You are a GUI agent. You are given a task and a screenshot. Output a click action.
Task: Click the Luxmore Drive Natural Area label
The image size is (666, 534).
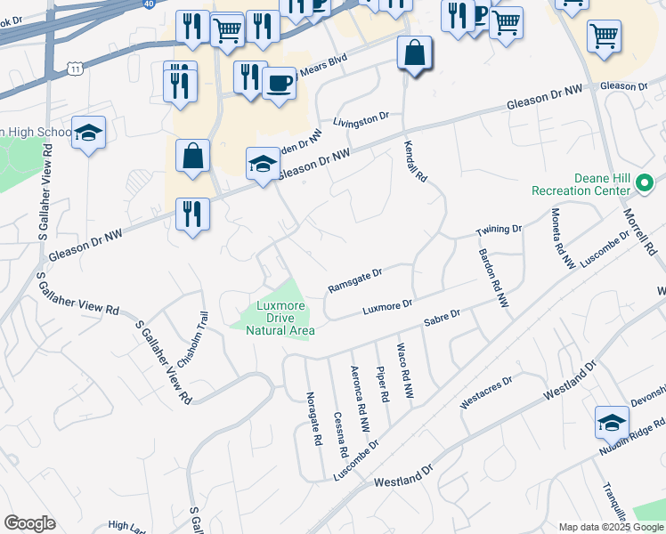[x=280, y=318]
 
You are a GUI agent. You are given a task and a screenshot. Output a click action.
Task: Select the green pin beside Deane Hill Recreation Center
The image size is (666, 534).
[x=646, y=185]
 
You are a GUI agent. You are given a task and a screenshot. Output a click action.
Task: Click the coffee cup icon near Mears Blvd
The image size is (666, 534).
[x=280, y=84]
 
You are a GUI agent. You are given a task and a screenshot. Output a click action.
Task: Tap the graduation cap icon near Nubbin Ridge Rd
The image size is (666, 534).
[x=612, y=422]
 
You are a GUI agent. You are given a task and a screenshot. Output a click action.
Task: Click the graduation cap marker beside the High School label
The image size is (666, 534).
[x=88, y=133]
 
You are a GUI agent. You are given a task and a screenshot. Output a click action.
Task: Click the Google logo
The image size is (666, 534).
[x=29, y=523]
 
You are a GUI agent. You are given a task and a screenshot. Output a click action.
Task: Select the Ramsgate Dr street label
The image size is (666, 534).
[x=354, y=279]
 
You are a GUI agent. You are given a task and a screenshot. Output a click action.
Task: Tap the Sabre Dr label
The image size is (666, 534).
[x=442, y=318]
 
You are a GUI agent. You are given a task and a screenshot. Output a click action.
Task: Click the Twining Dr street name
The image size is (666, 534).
[x=498, y=231]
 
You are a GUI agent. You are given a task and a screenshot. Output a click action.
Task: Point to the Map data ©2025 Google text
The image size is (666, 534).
[x=610, y=527]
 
